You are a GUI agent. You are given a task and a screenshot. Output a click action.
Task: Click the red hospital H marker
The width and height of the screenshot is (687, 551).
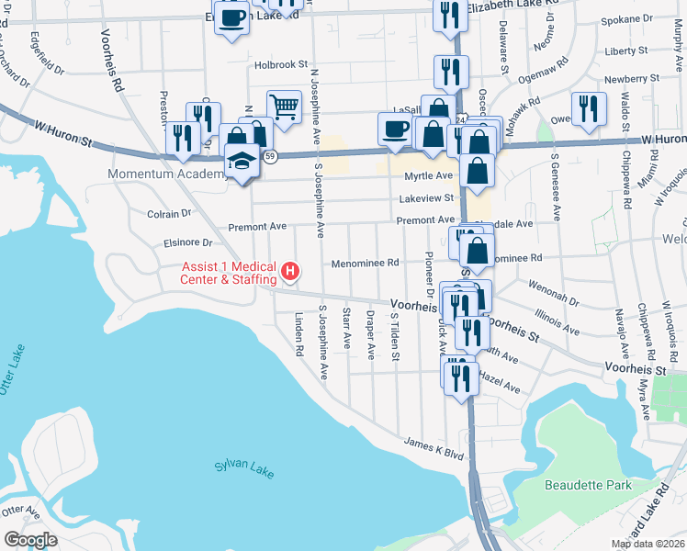pos(290,272)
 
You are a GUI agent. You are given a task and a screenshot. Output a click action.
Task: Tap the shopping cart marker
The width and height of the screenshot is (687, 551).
pos(285,107)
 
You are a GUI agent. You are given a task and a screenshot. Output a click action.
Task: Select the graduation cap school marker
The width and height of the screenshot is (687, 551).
pos(242,163)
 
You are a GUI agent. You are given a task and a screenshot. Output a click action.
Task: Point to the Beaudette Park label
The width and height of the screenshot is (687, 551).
pos(585,484)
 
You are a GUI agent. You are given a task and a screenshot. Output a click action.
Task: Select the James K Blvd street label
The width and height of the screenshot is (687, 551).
pos(435,448)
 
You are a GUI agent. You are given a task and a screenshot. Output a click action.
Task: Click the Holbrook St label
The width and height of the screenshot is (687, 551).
pos(281,65)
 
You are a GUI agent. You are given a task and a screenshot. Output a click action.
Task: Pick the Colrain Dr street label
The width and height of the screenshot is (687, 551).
pos(168,213)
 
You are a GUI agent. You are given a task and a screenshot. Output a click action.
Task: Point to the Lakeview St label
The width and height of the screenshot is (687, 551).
pos(426,197)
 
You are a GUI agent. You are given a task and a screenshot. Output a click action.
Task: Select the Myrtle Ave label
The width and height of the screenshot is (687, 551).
pos(428,175)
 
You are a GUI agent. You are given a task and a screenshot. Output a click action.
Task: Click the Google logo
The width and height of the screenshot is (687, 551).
pos(29,539)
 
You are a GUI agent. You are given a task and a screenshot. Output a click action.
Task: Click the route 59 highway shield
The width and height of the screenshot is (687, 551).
pos(270,156)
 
